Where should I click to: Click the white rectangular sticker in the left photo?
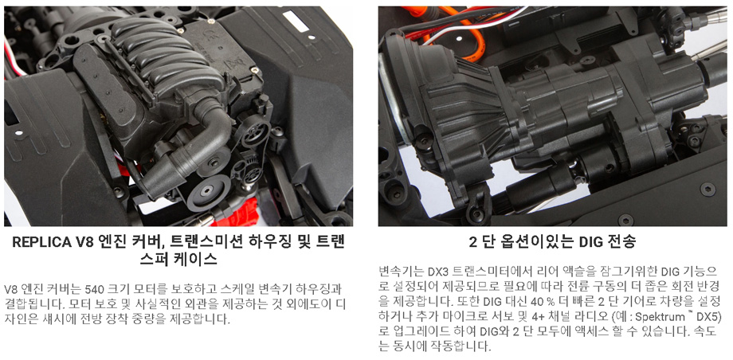[296, 22]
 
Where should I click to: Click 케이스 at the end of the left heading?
[199, 259]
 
